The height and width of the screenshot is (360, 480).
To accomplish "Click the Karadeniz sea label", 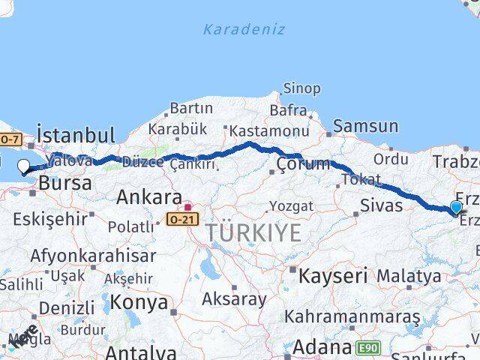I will [244, 30].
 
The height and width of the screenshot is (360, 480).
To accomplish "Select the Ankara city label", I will [148, 198].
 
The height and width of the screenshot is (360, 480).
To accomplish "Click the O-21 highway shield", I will [182, 220].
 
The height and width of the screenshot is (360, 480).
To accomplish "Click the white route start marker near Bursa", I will [23, 167].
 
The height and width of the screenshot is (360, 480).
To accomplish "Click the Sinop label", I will [301, 88].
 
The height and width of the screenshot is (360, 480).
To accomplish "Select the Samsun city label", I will [365, 126].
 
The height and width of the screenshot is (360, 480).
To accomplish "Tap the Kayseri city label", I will [332, 275].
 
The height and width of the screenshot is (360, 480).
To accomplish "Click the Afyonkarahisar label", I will [93, 255].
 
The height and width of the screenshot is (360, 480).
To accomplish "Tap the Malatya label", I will [409, 275].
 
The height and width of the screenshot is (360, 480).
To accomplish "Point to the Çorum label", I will [303, 163].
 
